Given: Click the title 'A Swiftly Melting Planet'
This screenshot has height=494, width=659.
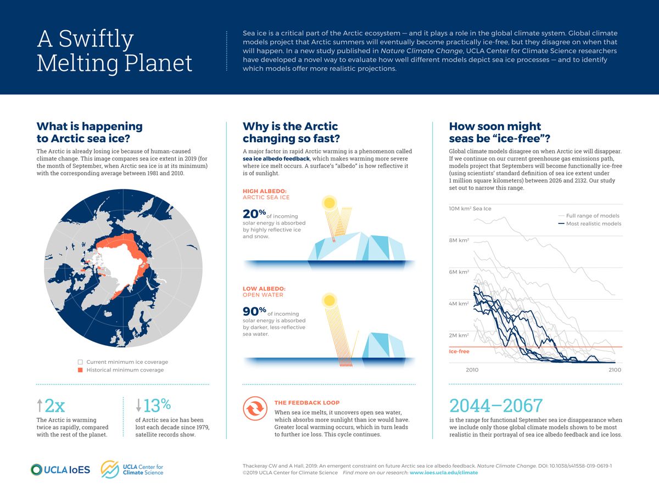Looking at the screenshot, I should click(114, 51).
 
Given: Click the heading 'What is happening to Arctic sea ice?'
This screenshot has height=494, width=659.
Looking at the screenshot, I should click(89, 132).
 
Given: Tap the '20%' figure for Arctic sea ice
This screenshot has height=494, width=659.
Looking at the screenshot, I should click(255, 214).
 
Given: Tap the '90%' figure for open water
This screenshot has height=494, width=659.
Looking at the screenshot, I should click(255, 312).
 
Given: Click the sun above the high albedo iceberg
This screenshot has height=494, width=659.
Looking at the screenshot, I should click(329, 203).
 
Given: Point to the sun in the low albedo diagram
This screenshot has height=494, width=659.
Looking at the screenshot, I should click(329, 300).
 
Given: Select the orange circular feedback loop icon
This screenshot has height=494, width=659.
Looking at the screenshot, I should click(255, 409).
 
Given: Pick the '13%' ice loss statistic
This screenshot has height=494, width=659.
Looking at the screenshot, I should click(154, 406).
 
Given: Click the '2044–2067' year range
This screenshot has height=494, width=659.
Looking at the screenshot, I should click(496, 406).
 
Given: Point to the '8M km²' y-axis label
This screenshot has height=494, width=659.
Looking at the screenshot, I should click(459, 240).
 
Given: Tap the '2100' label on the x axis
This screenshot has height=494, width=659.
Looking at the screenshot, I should click(615, 370).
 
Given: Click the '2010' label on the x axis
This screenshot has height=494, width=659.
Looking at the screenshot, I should click(472, 370).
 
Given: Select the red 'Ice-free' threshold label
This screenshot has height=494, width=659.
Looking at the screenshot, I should click(459, 351).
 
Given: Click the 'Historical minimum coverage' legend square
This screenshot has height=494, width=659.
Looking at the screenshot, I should click(80, 370).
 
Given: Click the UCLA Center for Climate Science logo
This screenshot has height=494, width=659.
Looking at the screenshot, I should click(132, 469).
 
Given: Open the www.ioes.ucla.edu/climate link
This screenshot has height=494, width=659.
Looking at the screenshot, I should click(444, 473).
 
